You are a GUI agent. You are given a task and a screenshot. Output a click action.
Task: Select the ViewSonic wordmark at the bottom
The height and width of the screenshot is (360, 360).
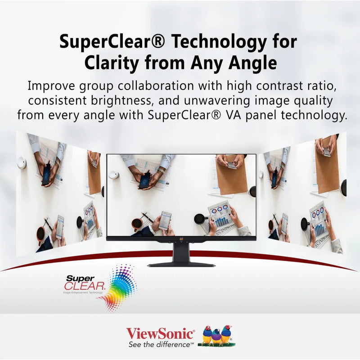[x=161, y=333]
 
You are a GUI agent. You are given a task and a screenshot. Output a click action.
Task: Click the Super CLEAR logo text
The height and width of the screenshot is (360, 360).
[x=85, y=283]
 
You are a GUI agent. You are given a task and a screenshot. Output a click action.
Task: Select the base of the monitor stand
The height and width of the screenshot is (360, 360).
[x=180, y=264]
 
